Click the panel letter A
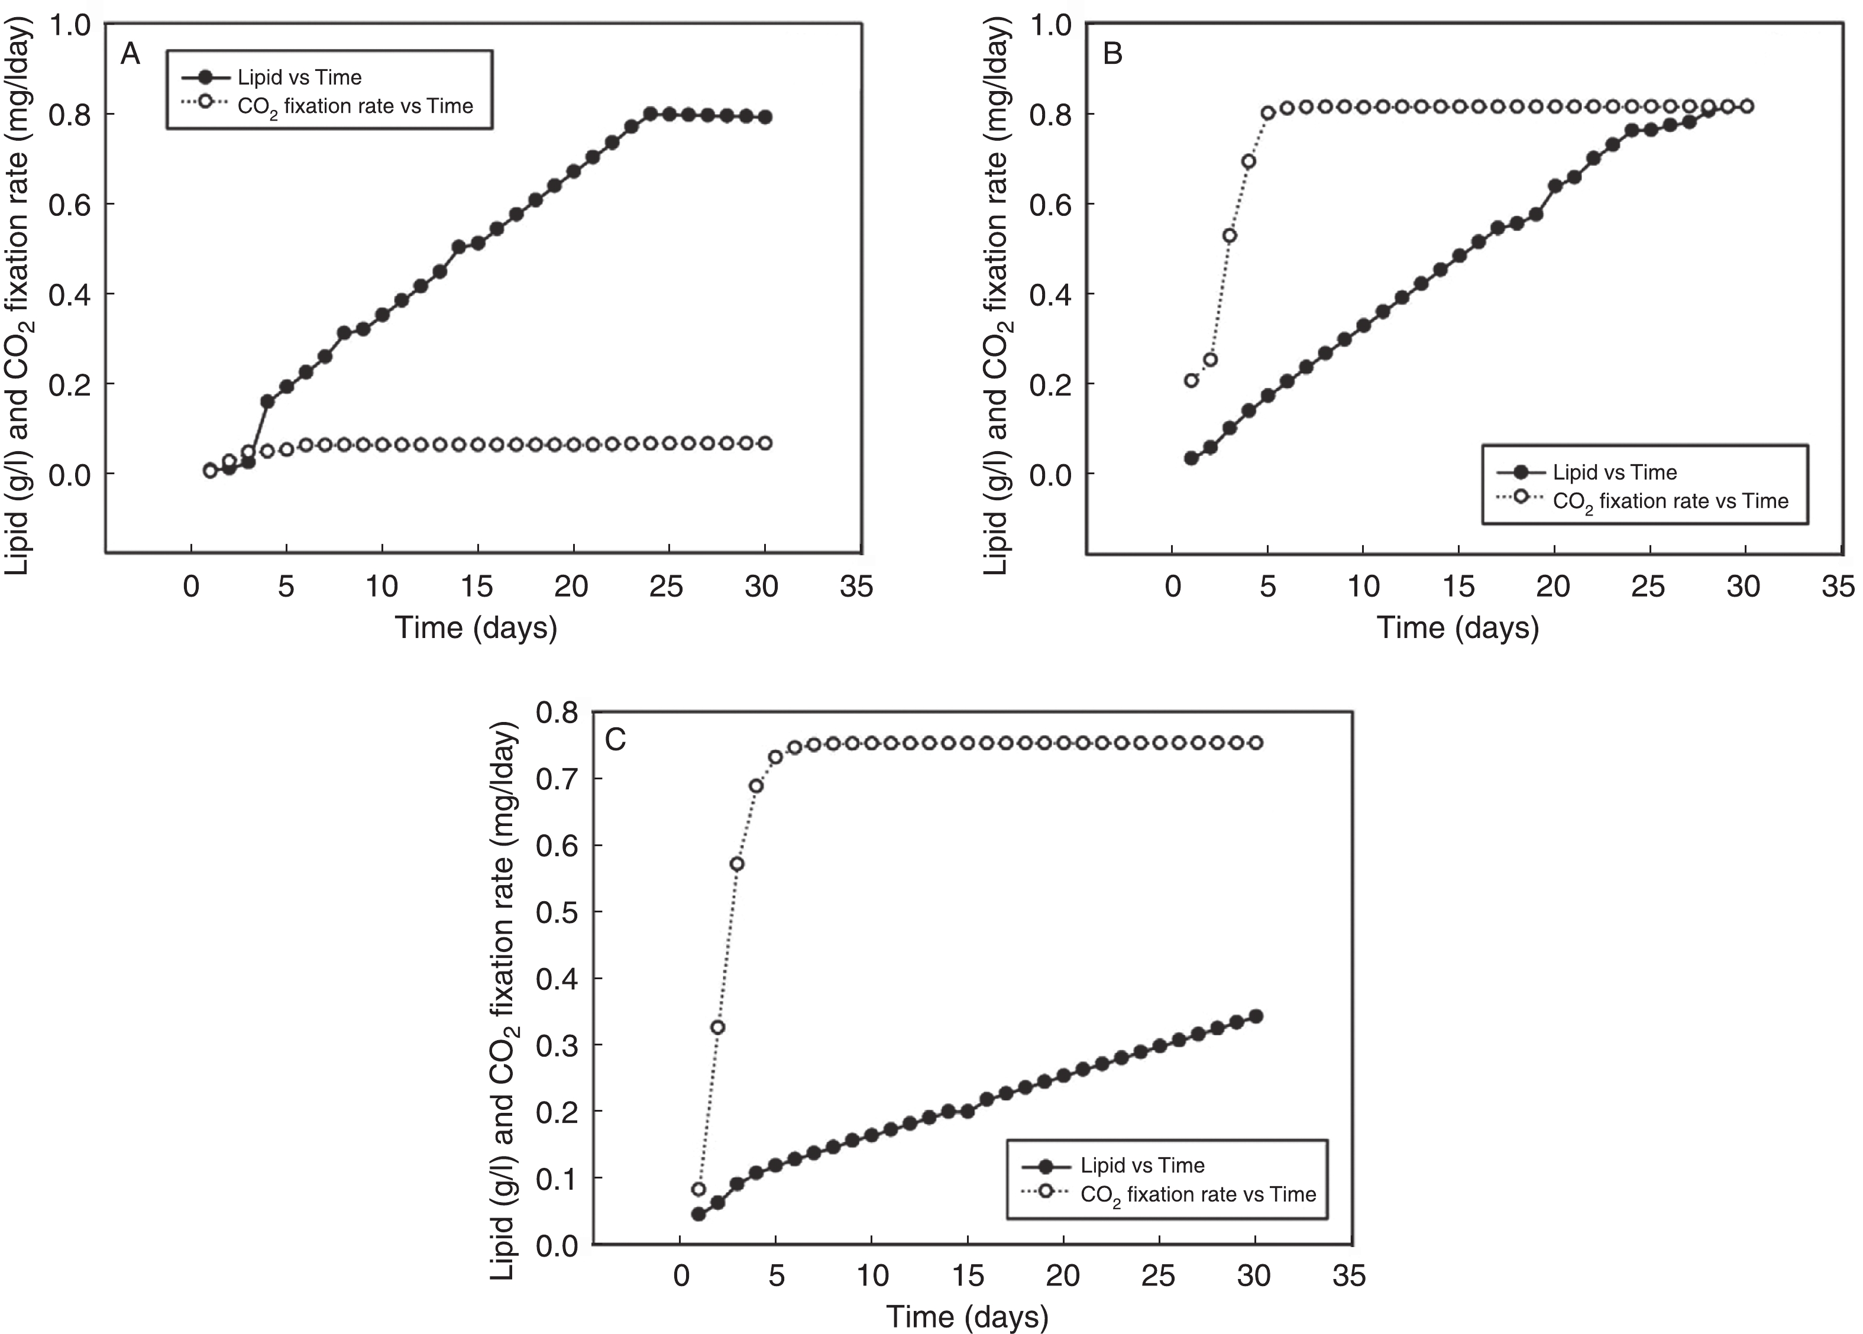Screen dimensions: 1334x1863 click(x=131, y=54)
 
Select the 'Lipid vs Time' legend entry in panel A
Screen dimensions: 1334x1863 click(x=299, y=77)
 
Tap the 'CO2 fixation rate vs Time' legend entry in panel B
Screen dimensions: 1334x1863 click(x=1670, y=501)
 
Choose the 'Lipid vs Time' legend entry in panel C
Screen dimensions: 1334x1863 click(x=1142, y=1165)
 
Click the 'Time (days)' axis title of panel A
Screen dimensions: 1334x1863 click(x=477, y=627)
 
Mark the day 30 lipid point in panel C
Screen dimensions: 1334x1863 click(x=1255, y=1016)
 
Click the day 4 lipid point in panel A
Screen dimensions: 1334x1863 click(x=267, y=402)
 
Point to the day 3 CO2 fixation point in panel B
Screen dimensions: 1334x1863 click(x=1230, y=236)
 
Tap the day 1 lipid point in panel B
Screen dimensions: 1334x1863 click(x=1191, y=458)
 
